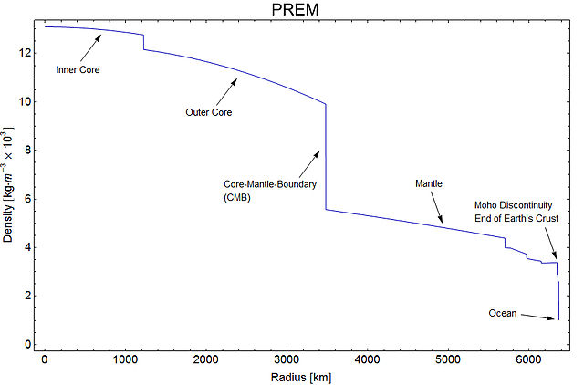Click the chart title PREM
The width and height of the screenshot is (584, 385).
291,10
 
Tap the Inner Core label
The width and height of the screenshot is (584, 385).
78,69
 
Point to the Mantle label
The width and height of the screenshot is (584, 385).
429,183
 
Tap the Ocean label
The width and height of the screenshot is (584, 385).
503,314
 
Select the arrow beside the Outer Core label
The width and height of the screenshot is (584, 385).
225,91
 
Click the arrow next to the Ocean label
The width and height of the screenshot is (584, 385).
537,317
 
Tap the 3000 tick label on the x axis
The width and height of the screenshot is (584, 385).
287,359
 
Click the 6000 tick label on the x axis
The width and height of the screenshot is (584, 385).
528,359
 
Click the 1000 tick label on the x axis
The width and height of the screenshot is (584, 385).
125,359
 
